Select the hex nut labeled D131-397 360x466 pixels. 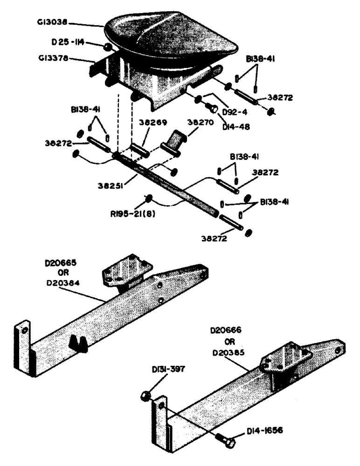pos(145,395)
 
